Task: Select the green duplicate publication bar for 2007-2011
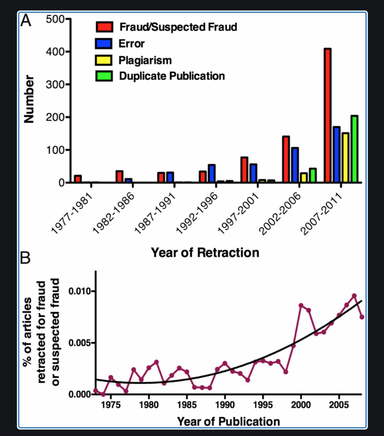[x=354, y=149]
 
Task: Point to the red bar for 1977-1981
[x=78, y=179]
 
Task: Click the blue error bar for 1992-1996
[x=211, y=174]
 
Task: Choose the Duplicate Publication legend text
[x=172, y=76]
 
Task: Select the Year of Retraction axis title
[x=205, y=253]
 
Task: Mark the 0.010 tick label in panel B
[x=79, y=291]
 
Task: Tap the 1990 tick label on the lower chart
[x=225, y=405]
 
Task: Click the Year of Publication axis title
[x=228, y=421]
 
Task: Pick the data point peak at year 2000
[x=301, y=305]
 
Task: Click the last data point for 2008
[x=362, y=317]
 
